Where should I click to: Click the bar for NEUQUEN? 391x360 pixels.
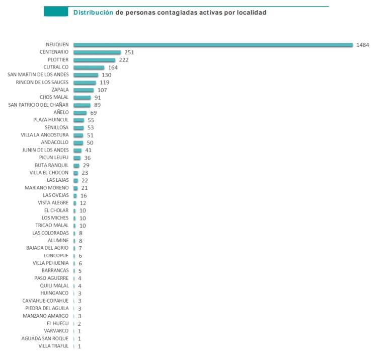213,45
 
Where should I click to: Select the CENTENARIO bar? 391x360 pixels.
97,52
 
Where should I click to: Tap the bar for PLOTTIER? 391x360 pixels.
94,60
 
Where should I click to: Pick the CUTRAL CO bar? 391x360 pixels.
89,67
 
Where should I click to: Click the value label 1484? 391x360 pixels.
362,45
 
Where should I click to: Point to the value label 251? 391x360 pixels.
129,52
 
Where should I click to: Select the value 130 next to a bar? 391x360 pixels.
106,75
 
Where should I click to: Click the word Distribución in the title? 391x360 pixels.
93,12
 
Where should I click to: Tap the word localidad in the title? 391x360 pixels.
250,12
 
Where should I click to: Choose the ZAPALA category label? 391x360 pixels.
60,90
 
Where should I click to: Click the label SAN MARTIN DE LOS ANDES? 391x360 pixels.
39,75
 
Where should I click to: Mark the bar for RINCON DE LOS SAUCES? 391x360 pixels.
85,83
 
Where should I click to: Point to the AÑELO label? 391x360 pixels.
62,112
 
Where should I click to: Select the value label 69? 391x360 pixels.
93,113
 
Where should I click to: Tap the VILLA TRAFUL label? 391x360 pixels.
53,346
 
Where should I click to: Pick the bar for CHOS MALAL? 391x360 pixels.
82,98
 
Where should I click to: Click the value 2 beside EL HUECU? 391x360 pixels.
80,323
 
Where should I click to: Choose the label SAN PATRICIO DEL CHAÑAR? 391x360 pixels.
39,105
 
